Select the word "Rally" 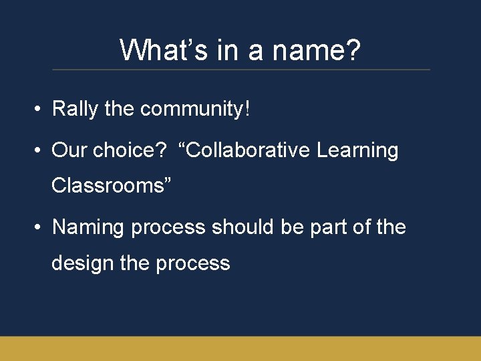point(75,108)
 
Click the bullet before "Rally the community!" point(39,109)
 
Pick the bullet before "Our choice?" point(39,150)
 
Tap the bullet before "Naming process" point(39,228)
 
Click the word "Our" point(69,150)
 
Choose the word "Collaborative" point(245,150)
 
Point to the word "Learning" point(358,150)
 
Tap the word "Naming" point(88,228)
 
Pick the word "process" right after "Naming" point(168,228)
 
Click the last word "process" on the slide point(193,263)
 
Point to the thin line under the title point(240,70)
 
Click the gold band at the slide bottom point(240,348)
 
